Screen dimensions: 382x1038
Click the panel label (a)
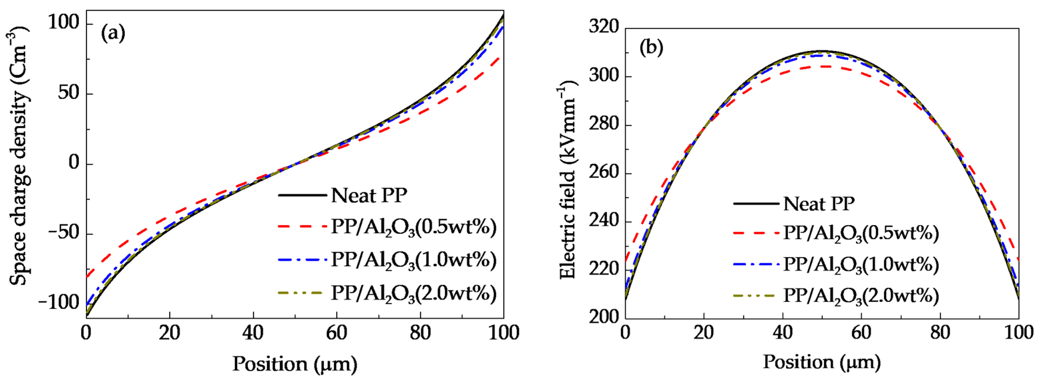coord(113,33)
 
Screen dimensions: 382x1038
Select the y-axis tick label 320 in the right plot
coord(604,27)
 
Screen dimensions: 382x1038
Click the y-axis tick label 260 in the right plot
coord(604,173)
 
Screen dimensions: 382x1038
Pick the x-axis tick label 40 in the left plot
coord(253,333)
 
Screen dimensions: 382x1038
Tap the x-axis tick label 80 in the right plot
coord(940,333)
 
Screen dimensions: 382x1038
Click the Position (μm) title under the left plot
coord(294,364)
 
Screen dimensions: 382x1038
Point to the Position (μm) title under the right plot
coord(821,362)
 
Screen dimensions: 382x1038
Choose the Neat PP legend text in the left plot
coord(369,196)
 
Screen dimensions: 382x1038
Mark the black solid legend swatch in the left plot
coord(302,196)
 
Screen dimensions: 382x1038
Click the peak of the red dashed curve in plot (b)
coord(822,66)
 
